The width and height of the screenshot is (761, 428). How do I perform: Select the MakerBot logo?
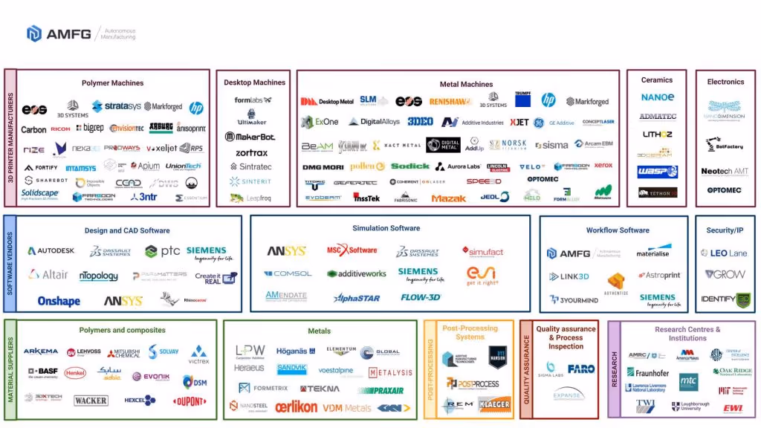point(250,137)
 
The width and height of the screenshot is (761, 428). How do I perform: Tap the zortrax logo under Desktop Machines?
point(251,153)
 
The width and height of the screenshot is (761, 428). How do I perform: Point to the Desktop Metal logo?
point(327,101)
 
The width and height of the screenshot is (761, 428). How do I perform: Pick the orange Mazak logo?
point(448,198)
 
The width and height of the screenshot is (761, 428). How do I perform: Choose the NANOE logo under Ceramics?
point(657,97)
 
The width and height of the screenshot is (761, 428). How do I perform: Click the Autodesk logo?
point(53,251)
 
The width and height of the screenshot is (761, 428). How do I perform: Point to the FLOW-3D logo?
point(421,297)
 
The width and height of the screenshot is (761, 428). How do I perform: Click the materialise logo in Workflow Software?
point(652,253)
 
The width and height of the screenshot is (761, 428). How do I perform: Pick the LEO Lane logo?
point(724,253)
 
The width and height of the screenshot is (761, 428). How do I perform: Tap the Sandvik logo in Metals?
point(291,369)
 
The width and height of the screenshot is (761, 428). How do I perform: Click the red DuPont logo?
point(190,401)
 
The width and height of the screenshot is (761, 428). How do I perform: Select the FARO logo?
point(581,369)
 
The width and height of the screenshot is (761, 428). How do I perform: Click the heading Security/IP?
point(725,230)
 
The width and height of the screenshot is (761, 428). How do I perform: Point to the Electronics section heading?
point(725,82)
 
